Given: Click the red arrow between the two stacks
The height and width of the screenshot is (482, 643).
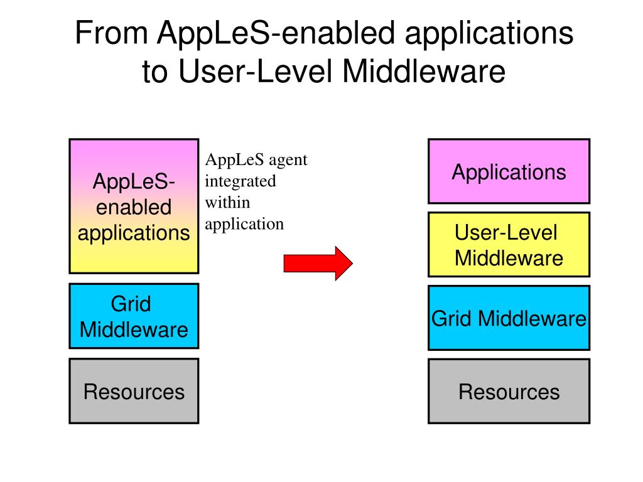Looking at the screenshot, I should (x=318, y=262).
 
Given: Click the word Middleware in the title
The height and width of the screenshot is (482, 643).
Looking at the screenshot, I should (x=424, y=72).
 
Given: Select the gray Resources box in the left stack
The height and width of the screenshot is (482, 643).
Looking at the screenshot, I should (x=134, y=391).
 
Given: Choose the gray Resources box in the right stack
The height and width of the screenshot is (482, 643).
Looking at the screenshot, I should (x=509, y=391).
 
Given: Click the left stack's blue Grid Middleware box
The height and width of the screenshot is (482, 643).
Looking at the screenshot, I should (x=134, y=316).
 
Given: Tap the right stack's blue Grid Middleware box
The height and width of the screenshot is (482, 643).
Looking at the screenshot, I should (x=509, y=318).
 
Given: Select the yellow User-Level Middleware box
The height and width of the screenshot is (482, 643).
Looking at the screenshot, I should (x=509, y=245).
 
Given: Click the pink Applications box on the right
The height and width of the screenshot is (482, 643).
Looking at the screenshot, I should (x=509, y=171).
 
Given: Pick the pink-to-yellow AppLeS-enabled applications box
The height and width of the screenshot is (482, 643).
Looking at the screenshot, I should (x=134, y=206).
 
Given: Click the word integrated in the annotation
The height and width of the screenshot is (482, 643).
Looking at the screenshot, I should (x=240, y=182).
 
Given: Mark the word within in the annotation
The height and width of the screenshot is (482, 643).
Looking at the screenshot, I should (x=227, y=203).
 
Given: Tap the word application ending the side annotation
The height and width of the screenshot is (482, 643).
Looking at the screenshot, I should (x=245, y=224).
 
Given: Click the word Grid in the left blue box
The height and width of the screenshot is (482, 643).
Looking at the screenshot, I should (x=131, y=304).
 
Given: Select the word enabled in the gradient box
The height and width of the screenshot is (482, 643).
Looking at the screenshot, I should (x=134, y=207).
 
